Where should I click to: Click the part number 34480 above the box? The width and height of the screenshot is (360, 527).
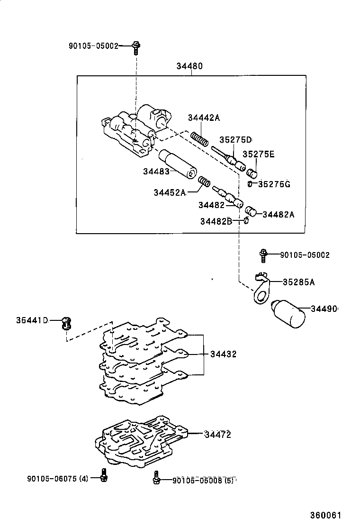[189, 66]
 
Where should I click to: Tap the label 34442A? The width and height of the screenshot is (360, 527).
[204, 118]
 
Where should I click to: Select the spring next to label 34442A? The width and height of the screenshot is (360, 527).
[200, 139]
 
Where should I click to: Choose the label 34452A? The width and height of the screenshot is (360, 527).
[170, 192]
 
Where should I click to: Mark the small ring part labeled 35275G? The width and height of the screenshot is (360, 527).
[250, 183]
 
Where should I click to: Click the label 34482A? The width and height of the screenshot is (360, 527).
[278, 214]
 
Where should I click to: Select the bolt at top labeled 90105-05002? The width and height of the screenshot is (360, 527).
[136, 46]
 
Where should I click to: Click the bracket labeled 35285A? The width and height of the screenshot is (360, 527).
[261, 290]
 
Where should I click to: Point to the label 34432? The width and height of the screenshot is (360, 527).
[224, 354]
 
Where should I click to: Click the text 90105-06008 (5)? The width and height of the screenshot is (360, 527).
[203, 480]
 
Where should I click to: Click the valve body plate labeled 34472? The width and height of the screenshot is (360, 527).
[137, 441]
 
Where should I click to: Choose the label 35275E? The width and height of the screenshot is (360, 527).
[259, 154]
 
